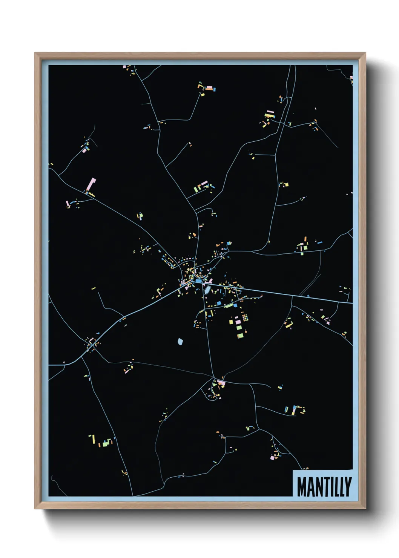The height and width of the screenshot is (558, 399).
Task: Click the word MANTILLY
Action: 324,487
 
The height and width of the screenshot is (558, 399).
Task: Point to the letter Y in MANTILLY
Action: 348,487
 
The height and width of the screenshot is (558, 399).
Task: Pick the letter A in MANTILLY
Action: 310,487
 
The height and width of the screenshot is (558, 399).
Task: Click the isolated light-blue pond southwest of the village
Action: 180,342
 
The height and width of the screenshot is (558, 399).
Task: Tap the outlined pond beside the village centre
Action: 207,290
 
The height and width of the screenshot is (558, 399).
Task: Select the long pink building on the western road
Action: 91,185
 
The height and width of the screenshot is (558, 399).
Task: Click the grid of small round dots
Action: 245,317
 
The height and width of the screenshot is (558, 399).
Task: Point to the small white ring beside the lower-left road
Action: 64,362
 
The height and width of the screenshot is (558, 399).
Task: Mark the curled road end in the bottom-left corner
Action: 52,479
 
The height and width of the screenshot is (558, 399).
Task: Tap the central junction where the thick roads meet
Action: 193,281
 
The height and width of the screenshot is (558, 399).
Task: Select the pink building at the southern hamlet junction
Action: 221,383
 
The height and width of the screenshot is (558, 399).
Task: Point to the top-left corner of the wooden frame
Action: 35,53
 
